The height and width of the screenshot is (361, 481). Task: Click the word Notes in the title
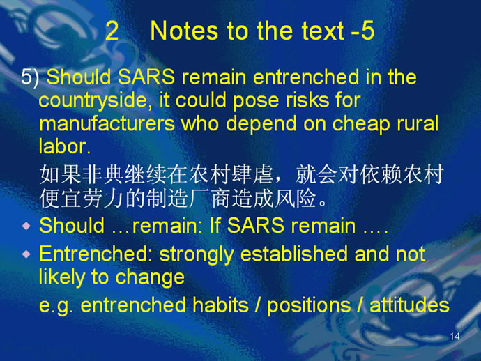point(184,31)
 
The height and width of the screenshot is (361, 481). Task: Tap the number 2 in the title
point(112,31)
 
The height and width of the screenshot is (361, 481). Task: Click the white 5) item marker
point(30,77)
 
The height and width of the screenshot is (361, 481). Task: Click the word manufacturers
point(107,123)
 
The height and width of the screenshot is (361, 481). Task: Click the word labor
point(64,146)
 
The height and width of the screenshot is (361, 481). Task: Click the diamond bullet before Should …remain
point(26,226)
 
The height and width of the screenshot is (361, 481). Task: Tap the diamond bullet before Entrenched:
point(26,254)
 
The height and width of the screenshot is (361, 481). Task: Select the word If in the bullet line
point(215,225)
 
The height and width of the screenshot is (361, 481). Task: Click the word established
point(293,254)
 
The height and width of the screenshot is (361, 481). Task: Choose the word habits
point(220,305)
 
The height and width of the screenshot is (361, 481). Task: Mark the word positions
point(309,306)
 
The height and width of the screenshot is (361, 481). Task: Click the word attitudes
point(409,305)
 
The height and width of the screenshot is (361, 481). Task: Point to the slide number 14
point(455,337)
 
